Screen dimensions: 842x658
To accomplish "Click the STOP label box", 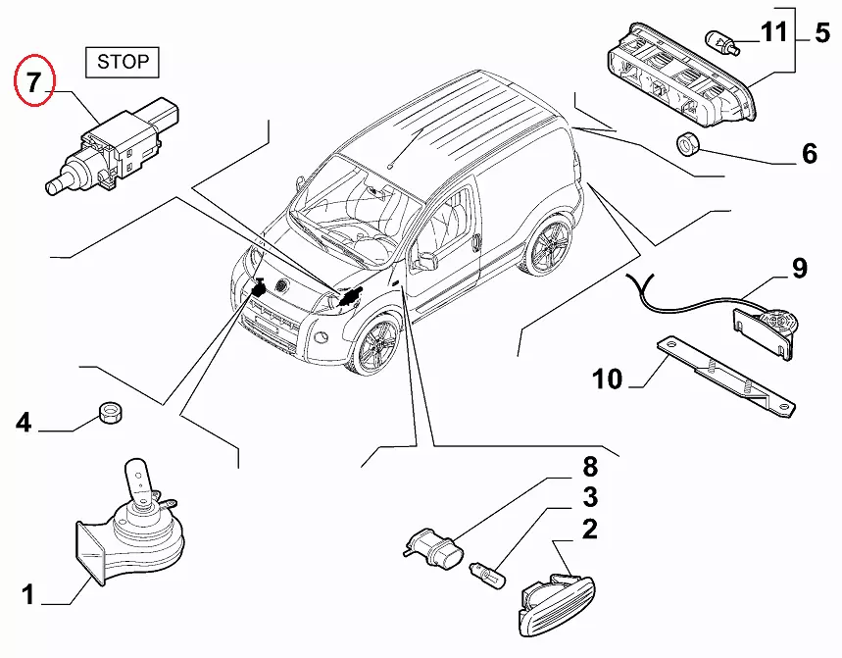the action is coord(123,63).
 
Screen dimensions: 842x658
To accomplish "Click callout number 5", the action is coord(821,33).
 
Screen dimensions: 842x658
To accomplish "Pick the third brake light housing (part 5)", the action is coord(683,76).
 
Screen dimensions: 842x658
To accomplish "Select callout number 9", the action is coord(799,268).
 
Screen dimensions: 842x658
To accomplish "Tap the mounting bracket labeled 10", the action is coord(726,379).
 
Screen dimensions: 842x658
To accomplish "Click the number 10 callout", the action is coord(608,380).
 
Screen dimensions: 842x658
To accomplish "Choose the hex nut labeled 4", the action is coord(111,413).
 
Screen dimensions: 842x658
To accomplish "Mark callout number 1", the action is coord(27,594).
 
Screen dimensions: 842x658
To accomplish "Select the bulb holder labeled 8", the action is coord(433,549).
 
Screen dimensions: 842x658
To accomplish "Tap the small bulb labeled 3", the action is coord(487,576).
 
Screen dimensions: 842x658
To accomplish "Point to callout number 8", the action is coord(590,466).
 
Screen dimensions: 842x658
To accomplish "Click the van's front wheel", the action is coord(374,345).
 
